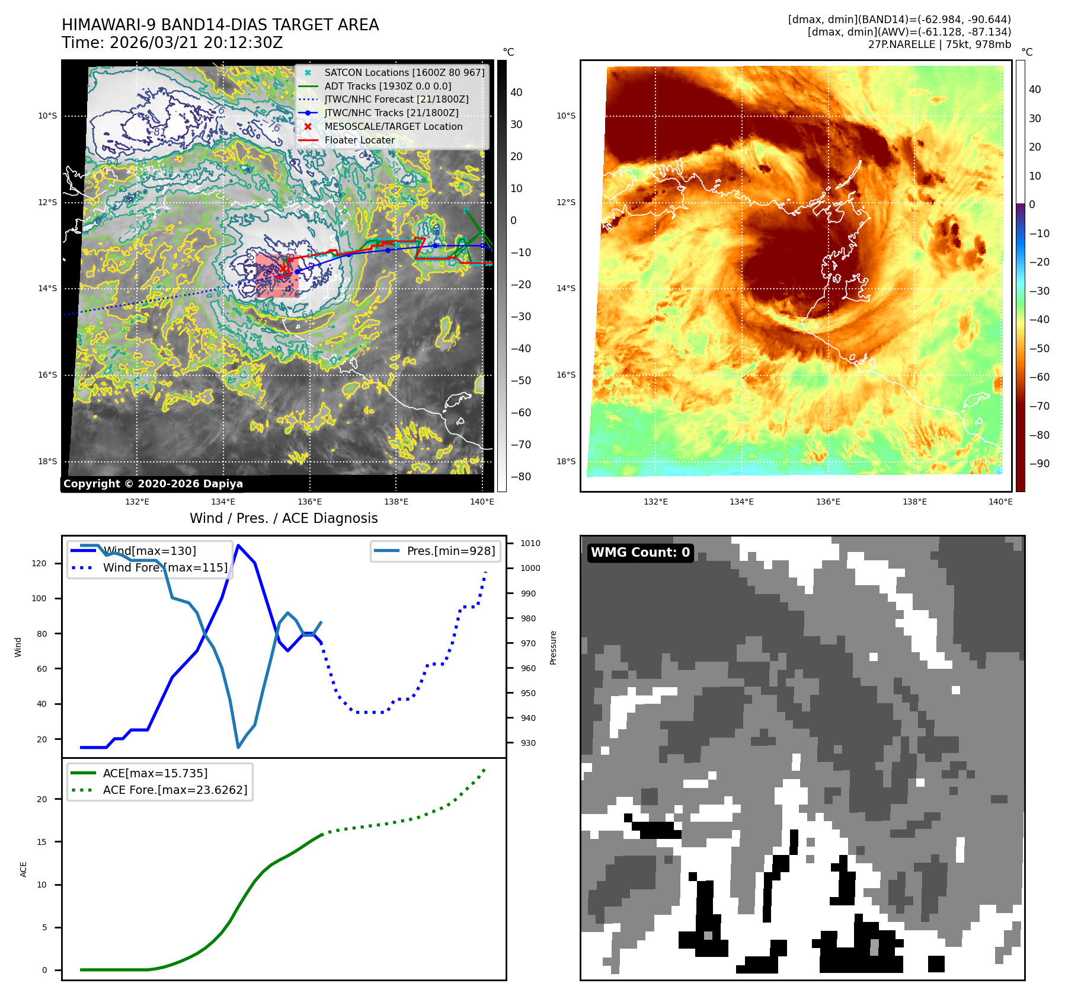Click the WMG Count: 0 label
640,553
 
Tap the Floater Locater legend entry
359,140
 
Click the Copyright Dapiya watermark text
153,484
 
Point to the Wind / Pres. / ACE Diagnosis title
283,518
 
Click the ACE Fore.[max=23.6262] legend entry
175,790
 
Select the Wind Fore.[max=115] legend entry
165,567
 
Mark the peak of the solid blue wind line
238,545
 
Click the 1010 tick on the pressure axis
530,543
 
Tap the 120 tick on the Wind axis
39,563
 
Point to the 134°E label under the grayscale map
223,502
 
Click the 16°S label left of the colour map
566,375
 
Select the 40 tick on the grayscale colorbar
516,92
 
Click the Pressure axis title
553,647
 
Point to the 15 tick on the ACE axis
41,842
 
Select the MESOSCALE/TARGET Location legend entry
393,126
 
